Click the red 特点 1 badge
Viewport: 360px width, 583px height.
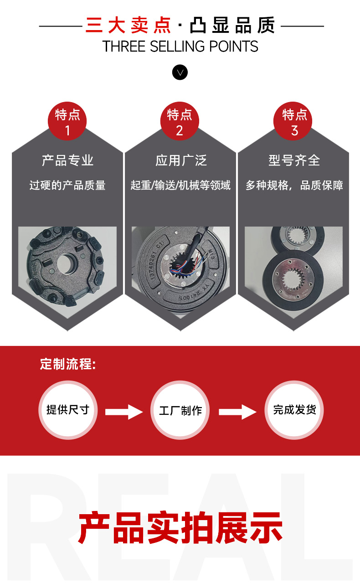67,121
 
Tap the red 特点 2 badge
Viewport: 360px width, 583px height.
180,121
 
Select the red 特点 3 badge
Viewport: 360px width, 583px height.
293,121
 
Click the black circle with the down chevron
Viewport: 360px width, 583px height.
180,72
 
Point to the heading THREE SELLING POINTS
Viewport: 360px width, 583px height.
180,46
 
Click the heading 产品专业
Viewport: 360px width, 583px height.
67,160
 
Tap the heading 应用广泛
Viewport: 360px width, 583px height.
181,160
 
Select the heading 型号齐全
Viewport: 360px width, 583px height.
294,160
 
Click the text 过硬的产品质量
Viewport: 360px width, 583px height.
67,186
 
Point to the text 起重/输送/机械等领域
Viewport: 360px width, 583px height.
180,186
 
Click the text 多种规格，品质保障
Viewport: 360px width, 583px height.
294,186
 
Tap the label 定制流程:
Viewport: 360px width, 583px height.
68,364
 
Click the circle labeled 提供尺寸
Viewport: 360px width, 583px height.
68,410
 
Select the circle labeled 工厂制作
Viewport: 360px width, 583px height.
180,410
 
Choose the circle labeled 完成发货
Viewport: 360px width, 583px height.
294,410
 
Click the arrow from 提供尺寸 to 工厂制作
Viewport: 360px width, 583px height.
124,412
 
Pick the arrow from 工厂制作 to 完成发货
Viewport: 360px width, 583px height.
238,412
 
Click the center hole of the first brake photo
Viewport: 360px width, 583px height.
66,263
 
